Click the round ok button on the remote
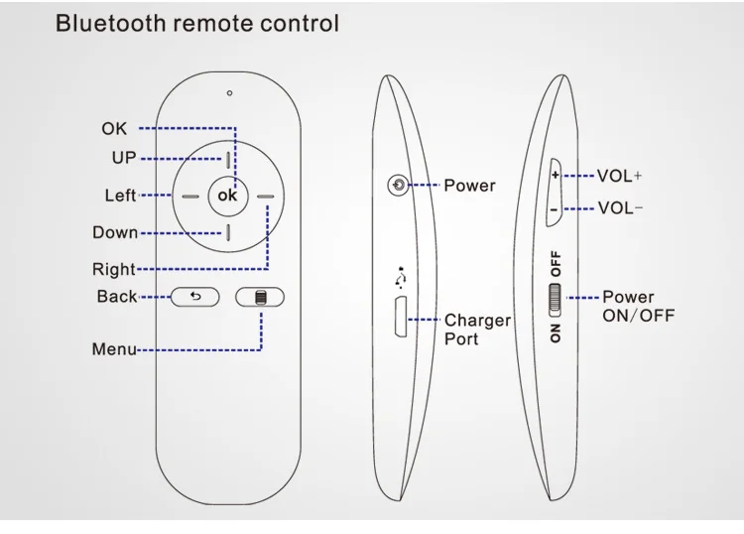point(228,196)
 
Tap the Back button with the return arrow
point(195,297)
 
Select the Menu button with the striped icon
point(260,297)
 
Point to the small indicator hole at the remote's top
point(230,93)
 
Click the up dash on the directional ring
point(228,160)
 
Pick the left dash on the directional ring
point(190,197)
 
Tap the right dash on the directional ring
point(266,197)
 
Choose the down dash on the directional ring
point(228,232)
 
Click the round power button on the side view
point(398,185)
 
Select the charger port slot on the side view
point(401,317)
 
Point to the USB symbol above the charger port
point(401,277)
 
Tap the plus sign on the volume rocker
point(556,175)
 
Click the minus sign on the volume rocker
point(554,208)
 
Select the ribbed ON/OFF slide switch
point(555,300)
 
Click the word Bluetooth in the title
point(110,23)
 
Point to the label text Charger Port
point(477,330)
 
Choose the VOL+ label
point(619,176)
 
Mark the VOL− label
point(620,207)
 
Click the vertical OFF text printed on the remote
point(556,263)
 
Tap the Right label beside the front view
point(114,269)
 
